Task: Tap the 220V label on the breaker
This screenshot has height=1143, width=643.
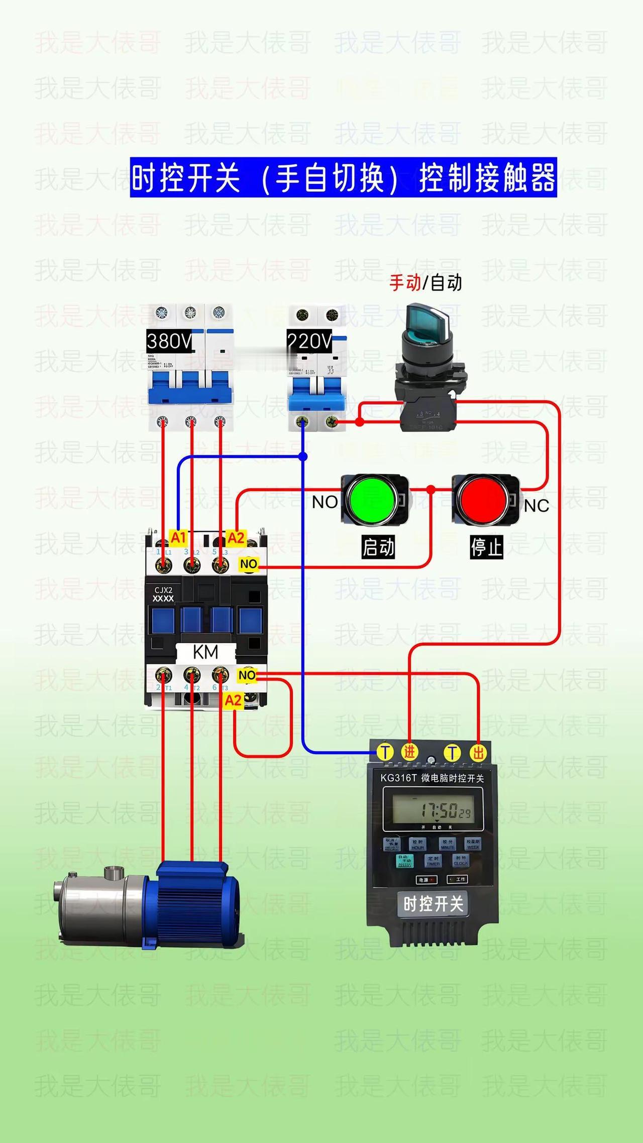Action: tap(309, 342)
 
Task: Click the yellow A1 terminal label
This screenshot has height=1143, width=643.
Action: tap(178, 538)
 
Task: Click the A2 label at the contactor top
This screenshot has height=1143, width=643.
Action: tap(236, 538)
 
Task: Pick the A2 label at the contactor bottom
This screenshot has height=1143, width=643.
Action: tap(233, 700)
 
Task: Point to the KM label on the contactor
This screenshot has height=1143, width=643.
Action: tap(205, 652)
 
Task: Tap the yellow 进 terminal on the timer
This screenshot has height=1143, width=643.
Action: tap(409, 752)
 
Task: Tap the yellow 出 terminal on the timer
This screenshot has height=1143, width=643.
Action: tap(478, 752)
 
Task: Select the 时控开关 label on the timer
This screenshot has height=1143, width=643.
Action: tap(433, 904)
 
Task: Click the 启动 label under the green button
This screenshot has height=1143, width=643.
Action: tap(378, 547)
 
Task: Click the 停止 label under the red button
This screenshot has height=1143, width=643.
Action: tap(486, 547)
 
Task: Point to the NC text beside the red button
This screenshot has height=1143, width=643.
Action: tap(537, 506)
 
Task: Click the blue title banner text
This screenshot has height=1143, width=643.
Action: tap(344, 177)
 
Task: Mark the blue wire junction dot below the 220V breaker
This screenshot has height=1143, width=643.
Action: tap(303, 456)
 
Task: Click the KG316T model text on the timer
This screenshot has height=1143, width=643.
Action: tap(398, 778)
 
